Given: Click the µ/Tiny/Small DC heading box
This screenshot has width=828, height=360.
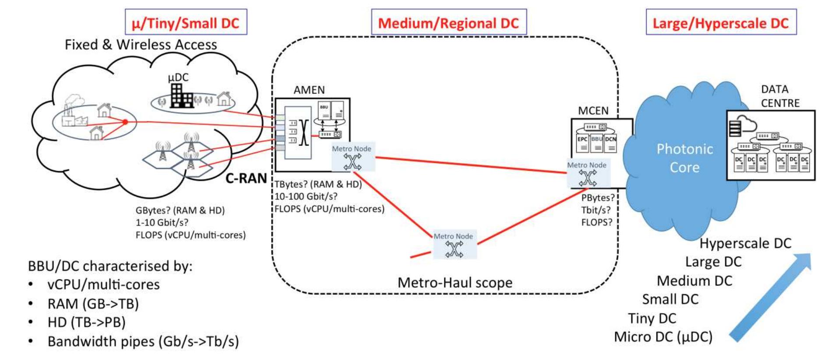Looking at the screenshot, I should pos(186,22).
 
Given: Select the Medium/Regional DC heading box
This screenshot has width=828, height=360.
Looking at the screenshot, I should pos(448,22).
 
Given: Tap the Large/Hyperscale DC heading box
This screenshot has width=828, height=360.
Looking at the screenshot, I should pos(721,22).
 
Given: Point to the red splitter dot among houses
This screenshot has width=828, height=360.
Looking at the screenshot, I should pos(125,122).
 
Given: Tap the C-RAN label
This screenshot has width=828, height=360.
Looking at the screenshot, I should pos(246,178).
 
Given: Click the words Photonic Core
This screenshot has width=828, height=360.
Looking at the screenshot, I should pos(684,158).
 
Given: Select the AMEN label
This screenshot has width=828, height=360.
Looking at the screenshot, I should pos(309,90).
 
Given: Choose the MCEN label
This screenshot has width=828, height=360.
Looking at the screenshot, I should pos(593,111).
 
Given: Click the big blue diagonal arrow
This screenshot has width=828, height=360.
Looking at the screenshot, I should pos(771,298).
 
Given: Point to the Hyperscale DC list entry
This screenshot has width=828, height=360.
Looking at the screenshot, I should pos(745,243).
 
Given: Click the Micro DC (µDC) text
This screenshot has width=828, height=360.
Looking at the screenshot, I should pos(663,337).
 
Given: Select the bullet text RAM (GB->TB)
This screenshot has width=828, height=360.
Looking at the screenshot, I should pos(93,304).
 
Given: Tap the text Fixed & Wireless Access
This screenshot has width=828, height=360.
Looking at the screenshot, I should pos(141,45).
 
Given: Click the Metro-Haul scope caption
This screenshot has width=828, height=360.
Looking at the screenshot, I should pos(455,282).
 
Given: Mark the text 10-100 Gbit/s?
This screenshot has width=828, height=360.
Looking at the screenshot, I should pos(306,196).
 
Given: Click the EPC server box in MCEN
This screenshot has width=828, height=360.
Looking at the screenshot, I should pos(582,143).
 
